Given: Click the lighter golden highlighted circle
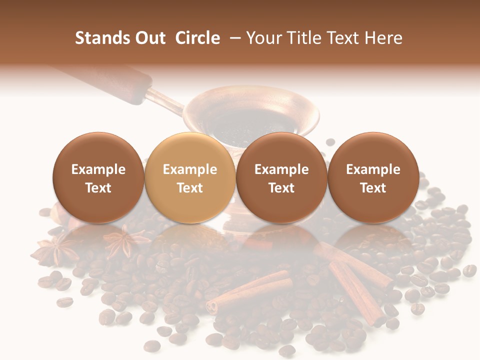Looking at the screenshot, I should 190,178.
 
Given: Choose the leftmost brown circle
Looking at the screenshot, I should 98,178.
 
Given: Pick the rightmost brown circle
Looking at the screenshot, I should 373,178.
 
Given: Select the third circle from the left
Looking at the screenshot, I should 281,178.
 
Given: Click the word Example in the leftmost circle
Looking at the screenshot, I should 98,169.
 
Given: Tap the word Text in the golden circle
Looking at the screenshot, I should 190,188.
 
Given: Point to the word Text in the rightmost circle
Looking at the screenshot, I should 373,188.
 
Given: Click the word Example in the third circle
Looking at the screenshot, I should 281,169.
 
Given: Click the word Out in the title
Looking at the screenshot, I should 151,38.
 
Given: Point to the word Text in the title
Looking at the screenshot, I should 347,38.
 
